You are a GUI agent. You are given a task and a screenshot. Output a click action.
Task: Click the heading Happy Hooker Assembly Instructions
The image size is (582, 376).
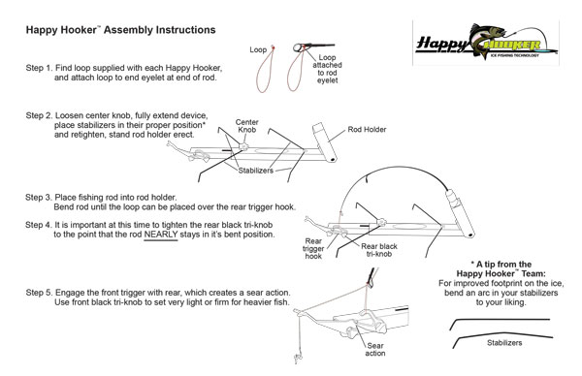click(120, 30)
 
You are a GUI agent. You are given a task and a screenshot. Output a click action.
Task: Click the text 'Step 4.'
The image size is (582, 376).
click(44, 225)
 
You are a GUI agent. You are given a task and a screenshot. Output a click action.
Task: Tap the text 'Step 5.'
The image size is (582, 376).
click(44, 292)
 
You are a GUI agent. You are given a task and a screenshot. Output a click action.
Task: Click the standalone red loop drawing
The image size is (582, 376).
click(263, 69)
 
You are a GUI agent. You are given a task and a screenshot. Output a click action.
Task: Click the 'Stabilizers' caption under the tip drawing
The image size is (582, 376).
click(503, 342)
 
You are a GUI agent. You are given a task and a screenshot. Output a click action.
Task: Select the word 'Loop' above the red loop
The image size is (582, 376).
click(258, 47)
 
